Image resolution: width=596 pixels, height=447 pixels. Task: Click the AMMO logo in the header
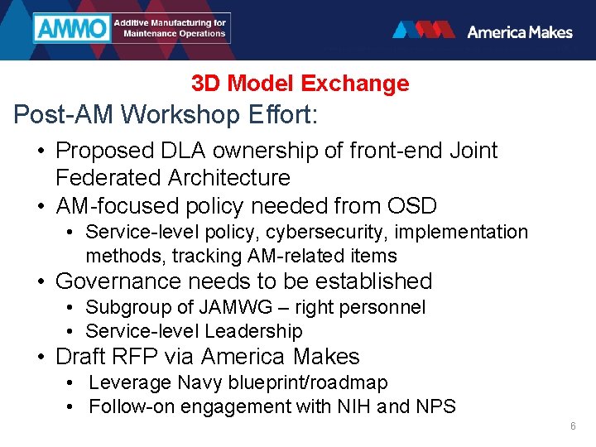tap(72, 29)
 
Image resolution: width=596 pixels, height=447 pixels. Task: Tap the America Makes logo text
tap(519, 31)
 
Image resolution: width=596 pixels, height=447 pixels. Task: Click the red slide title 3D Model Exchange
tap(300, 84)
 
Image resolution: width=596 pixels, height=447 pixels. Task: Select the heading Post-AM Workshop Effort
tap(166, 114)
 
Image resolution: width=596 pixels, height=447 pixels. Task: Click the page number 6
tap(572, 426)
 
